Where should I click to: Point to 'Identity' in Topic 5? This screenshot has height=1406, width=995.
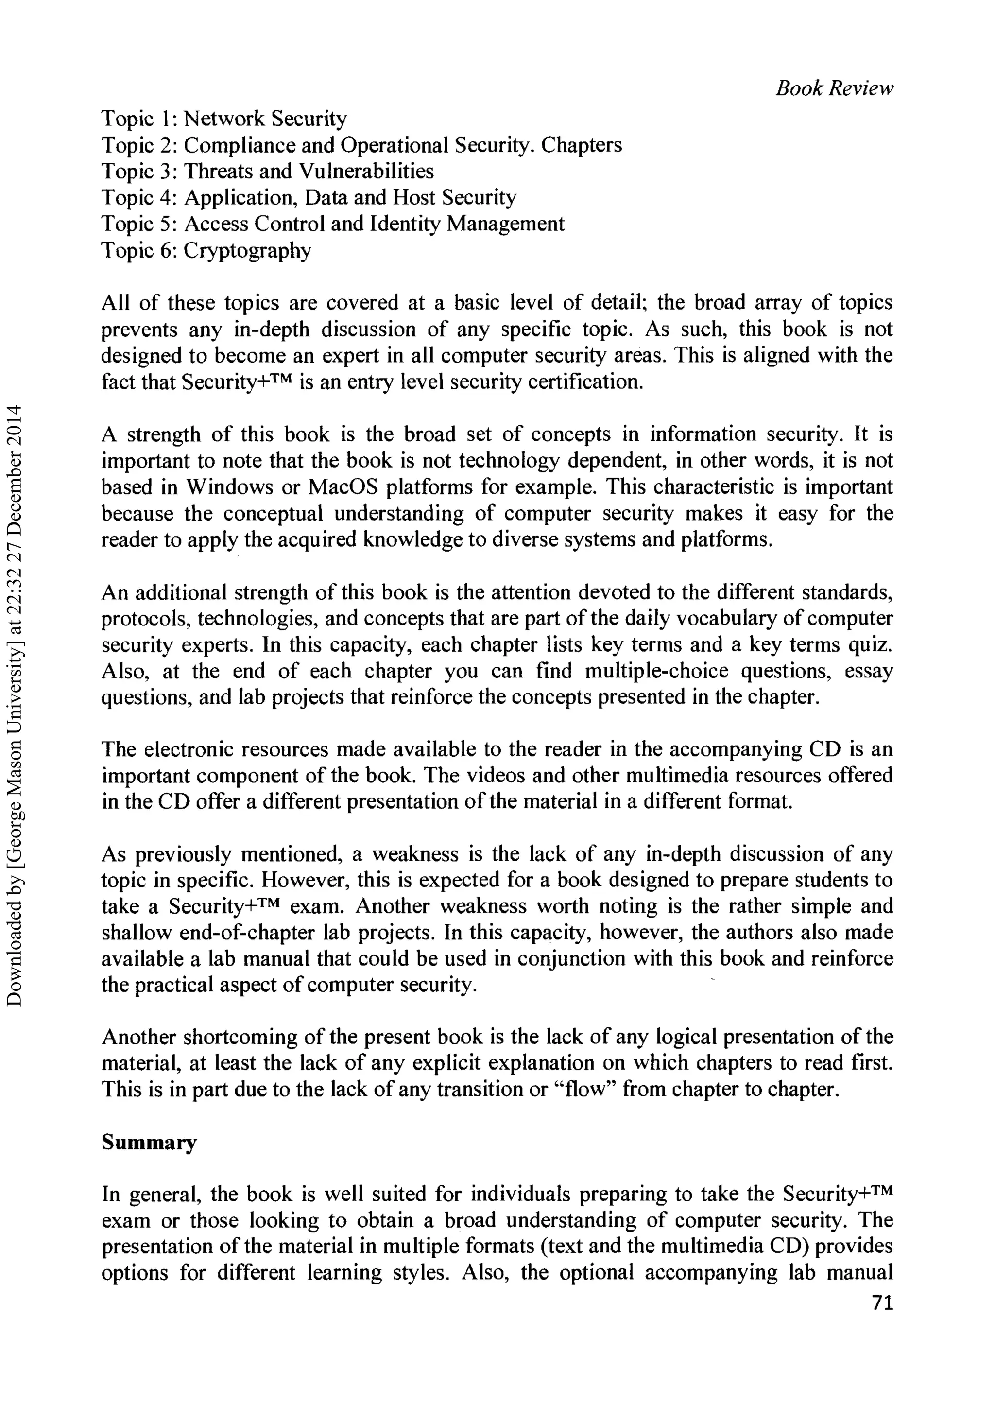click(406, 223)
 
